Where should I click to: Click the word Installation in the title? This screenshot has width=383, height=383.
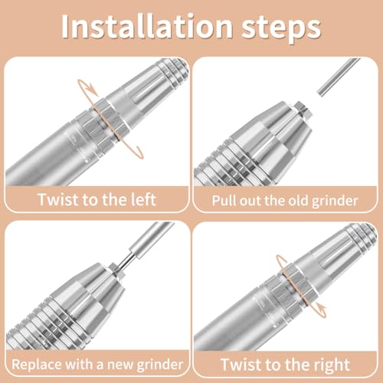147,27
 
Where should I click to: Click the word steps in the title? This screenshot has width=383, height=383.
281,28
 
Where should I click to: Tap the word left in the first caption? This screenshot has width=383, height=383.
143,199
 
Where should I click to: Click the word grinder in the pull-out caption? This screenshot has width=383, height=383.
335,201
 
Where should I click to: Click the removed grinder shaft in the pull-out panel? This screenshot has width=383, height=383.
339,77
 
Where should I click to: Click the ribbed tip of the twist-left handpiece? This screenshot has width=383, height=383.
174,70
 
